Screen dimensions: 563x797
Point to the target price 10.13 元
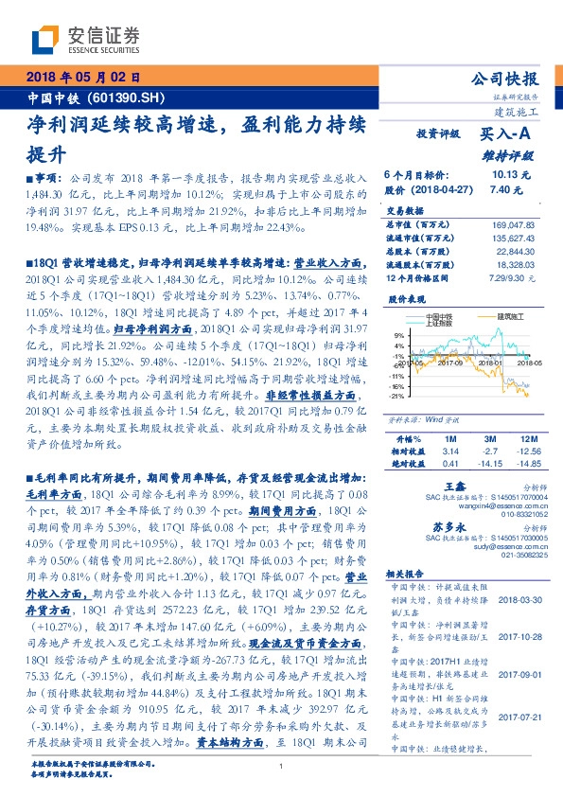(512, 176)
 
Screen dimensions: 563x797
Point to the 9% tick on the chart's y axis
(399, 335)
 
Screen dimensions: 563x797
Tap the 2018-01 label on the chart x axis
(488, 361)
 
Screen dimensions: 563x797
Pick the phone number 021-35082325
(516, 557)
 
